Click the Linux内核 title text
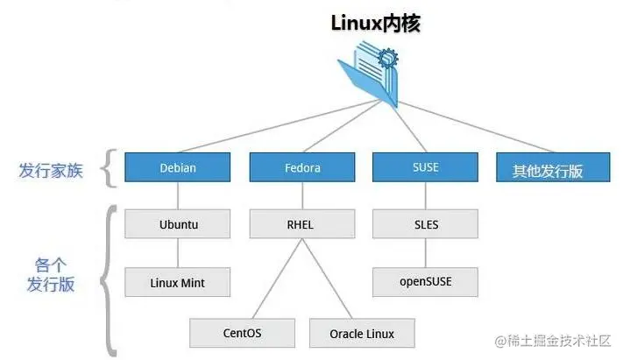coord(376,24)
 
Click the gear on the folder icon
coord(386,60)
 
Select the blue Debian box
coord(178,167)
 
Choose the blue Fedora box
coord(302,167)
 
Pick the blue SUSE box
coord(426,167)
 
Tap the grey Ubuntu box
coord(178,224)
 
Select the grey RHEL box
coord(302,224)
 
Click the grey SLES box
coord(426,224)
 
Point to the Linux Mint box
coord(178,282)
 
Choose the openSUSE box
coord(426,282)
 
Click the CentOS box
coord(243,333)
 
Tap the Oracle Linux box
coord(362,333)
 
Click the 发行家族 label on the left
coord(51,170)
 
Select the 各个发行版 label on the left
coord(51,273)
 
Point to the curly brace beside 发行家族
coord(109,168)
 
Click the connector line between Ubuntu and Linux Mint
coord(178,253)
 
